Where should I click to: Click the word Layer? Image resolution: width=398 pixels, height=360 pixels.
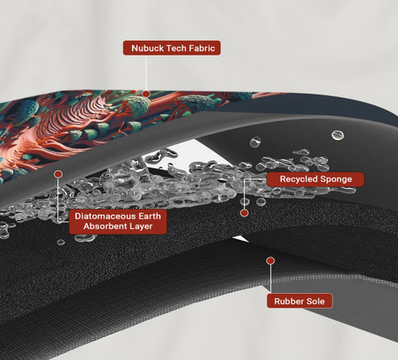coord(140,226)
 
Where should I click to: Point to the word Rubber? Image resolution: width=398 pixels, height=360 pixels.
coord(287,301)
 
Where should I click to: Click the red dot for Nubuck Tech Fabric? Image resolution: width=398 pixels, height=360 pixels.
coord(146,94)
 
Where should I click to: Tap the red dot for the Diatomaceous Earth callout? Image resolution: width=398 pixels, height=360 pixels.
coord(58,174)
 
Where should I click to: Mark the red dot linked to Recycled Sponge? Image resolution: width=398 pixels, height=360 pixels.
coord(245,213)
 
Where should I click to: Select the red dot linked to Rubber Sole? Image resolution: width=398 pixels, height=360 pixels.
coord(270,260)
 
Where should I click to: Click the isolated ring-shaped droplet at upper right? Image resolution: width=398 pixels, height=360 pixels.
coord(337,135)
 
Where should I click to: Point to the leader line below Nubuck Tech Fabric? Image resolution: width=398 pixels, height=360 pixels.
coord(146,73)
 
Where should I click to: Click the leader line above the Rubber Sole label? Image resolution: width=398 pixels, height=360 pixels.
coord(270,279)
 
